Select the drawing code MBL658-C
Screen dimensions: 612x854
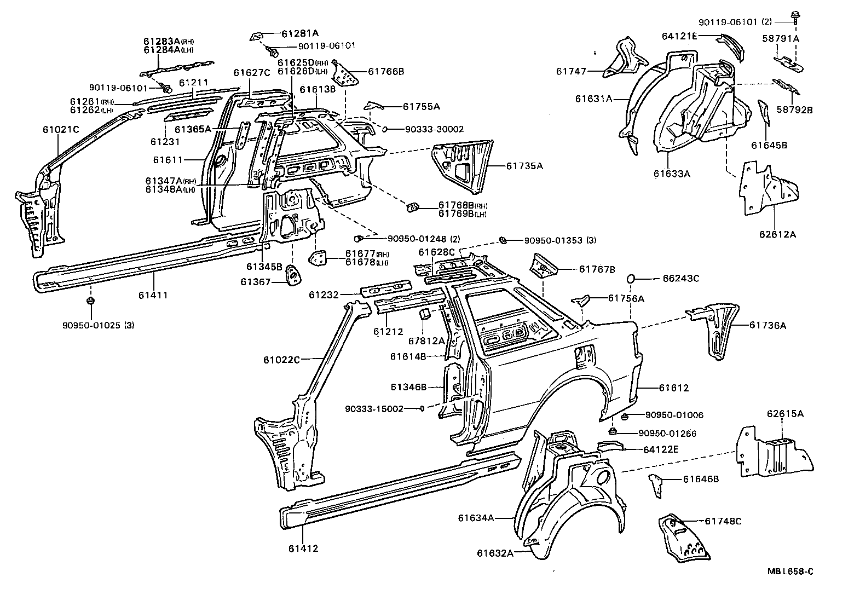coord(789,571)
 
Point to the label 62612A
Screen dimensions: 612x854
coord(777,234)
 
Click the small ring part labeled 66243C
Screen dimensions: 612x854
coord(630,279)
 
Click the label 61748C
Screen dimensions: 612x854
coord(723,521)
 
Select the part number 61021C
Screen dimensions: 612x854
coord(61,130)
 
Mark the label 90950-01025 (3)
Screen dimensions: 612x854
coord(99,325)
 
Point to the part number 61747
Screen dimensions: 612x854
coord(571,71)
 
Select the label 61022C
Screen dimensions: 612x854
coord(281,360)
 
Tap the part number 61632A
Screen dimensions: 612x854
coord(495,553)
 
